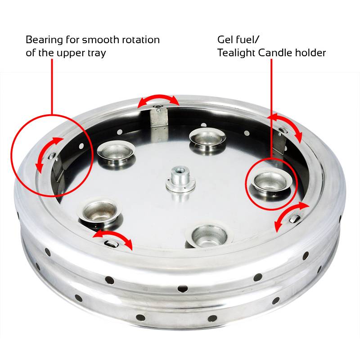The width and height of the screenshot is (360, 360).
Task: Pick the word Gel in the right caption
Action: click(226, 40)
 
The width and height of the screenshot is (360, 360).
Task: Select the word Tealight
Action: click(237, 53)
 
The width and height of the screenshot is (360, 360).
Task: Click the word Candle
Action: click(276, 53)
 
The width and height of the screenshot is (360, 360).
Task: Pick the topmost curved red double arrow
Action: click(157, 100)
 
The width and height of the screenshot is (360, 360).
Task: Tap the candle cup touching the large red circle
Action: click(112, 153)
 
